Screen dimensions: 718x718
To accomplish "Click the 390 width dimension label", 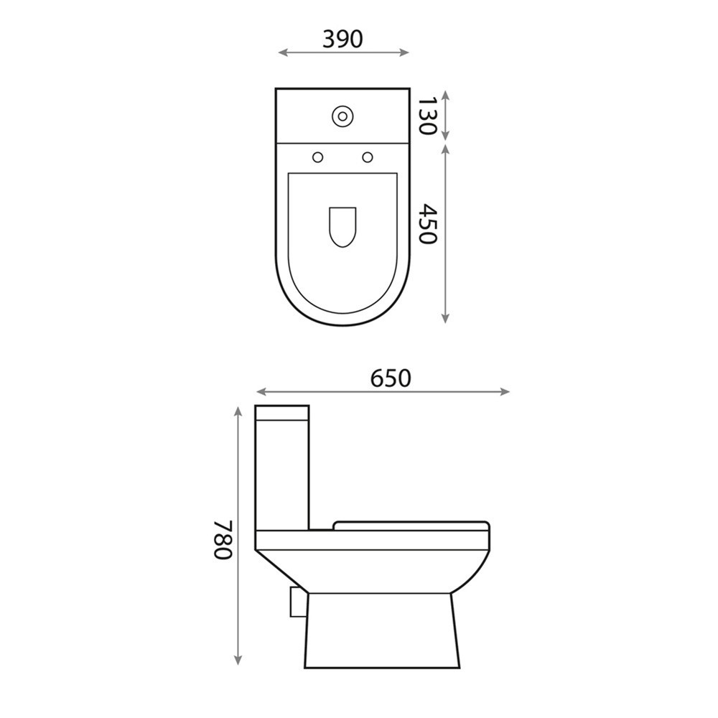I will [x=342, y=39].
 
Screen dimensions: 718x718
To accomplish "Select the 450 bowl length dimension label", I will [x=427, y=224].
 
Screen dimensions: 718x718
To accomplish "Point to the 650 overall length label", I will [x=391, y=378].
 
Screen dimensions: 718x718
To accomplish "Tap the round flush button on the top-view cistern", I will [x=342, y=116].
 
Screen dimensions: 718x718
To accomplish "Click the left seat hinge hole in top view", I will [x=317, y=157].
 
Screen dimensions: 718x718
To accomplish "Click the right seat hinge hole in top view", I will [x=368, y=157].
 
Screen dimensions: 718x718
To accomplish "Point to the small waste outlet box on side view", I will [x=295, y=601].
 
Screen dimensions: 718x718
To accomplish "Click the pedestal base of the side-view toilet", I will [x=381, y=632].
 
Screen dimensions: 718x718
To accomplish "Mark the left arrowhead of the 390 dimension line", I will [x=281, y=52].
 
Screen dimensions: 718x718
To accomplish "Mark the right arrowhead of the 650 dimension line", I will [x=505, y=391].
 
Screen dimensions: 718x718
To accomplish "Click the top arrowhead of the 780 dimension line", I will [x=238, y=411].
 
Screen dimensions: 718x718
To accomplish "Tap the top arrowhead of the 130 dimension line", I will [x=446, y=94].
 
